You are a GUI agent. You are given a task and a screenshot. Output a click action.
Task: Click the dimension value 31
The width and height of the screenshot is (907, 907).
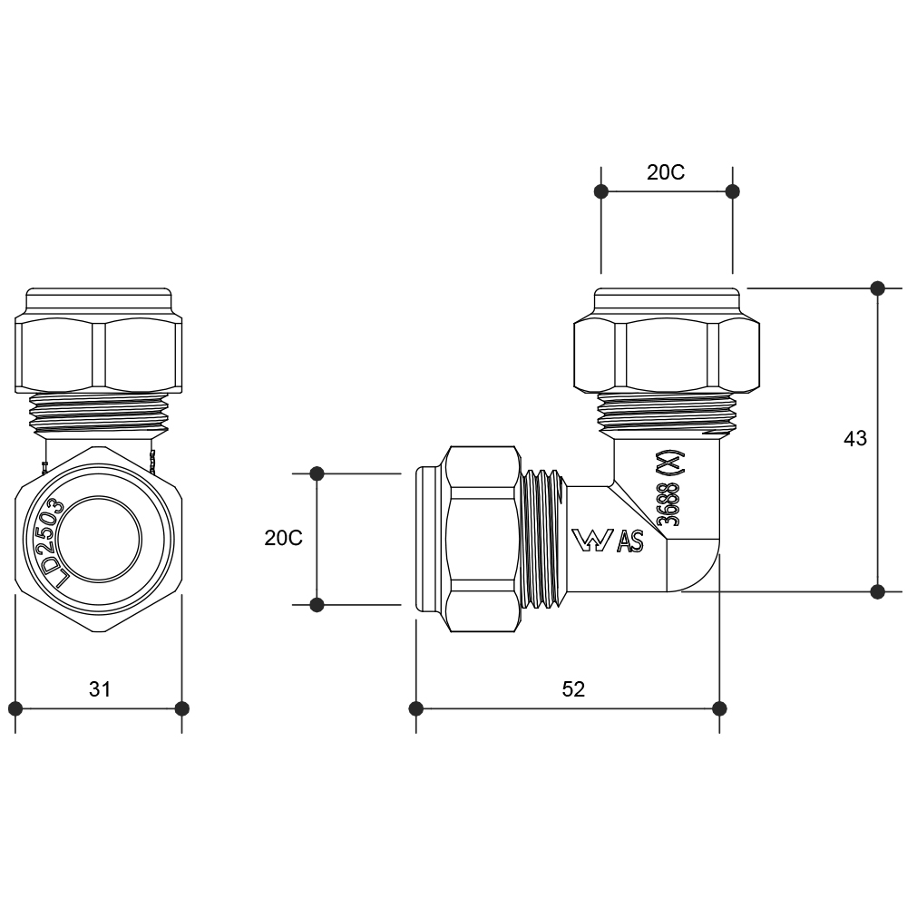pos(100,689)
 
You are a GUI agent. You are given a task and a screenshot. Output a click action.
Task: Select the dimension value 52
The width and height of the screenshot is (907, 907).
pos(573,689)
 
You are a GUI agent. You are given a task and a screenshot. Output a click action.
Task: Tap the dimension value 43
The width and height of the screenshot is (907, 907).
pos(855,439)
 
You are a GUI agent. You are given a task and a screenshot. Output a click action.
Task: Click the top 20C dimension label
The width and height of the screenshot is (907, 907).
pos(666,173)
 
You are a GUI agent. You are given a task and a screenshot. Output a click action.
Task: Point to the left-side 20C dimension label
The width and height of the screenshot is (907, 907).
pos(284,538)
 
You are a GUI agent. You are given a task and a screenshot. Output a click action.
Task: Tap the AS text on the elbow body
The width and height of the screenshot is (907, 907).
pos(630,542)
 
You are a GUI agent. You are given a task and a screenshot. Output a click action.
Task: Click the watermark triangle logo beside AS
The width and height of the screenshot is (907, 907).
pos(592,541)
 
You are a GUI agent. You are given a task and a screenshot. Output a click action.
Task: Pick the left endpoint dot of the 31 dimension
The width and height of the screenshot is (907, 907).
pos(15,707)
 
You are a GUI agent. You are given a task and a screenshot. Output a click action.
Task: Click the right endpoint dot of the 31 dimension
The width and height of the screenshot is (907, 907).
pos(181,707)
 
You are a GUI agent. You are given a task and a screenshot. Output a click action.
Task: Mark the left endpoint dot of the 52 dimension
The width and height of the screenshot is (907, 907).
pos(416,707)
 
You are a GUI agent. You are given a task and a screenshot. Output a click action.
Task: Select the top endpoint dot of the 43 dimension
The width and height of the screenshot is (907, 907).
pos(877,288)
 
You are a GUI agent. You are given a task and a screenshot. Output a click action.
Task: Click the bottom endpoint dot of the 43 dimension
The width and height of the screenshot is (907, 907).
pos(877,591)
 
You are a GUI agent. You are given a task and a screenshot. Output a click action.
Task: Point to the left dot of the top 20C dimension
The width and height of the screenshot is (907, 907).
pos(600,191)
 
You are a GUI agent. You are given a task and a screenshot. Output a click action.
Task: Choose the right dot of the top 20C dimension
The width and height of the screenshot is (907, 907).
pos(733,191)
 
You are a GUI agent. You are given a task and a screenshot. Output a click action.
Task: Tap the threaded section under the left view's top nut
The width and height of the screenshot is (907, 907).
pos(98,413)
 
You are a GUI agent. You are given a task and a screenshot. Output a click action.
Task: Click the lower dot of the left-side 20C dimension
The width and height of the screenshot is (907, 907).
pos(317,604)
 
